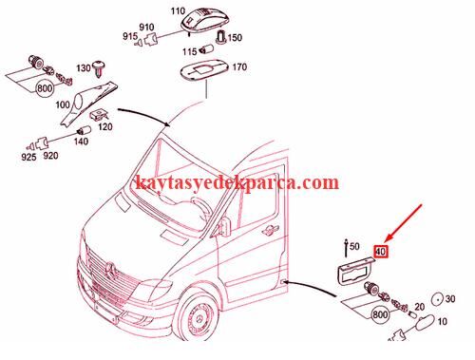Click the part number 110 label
click(x=178, y=11)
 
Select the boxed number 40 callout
click(x=380, y=252)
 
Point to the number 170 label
click(x=239, y=67)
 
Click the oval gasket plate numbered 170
click(x=204, y=71)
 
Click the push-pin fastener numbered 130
click(x=100, y=67)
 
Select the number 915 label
click(x=130, y=36)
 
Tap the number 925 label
click(x=28, y=157)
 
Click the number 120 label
click(x=104, y=127)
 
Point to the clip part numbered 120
click(x=99, y=114)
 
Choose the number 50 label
click(x=354, y=246)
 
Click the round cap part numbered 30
click(x=438, y=299)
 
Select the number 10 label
click(x=442, y=322)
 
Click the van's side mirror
click(x=224, y=227)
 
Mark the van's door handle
click(x=271, y=230)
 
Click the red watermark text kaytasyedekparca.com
click(x=237, y=182)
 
